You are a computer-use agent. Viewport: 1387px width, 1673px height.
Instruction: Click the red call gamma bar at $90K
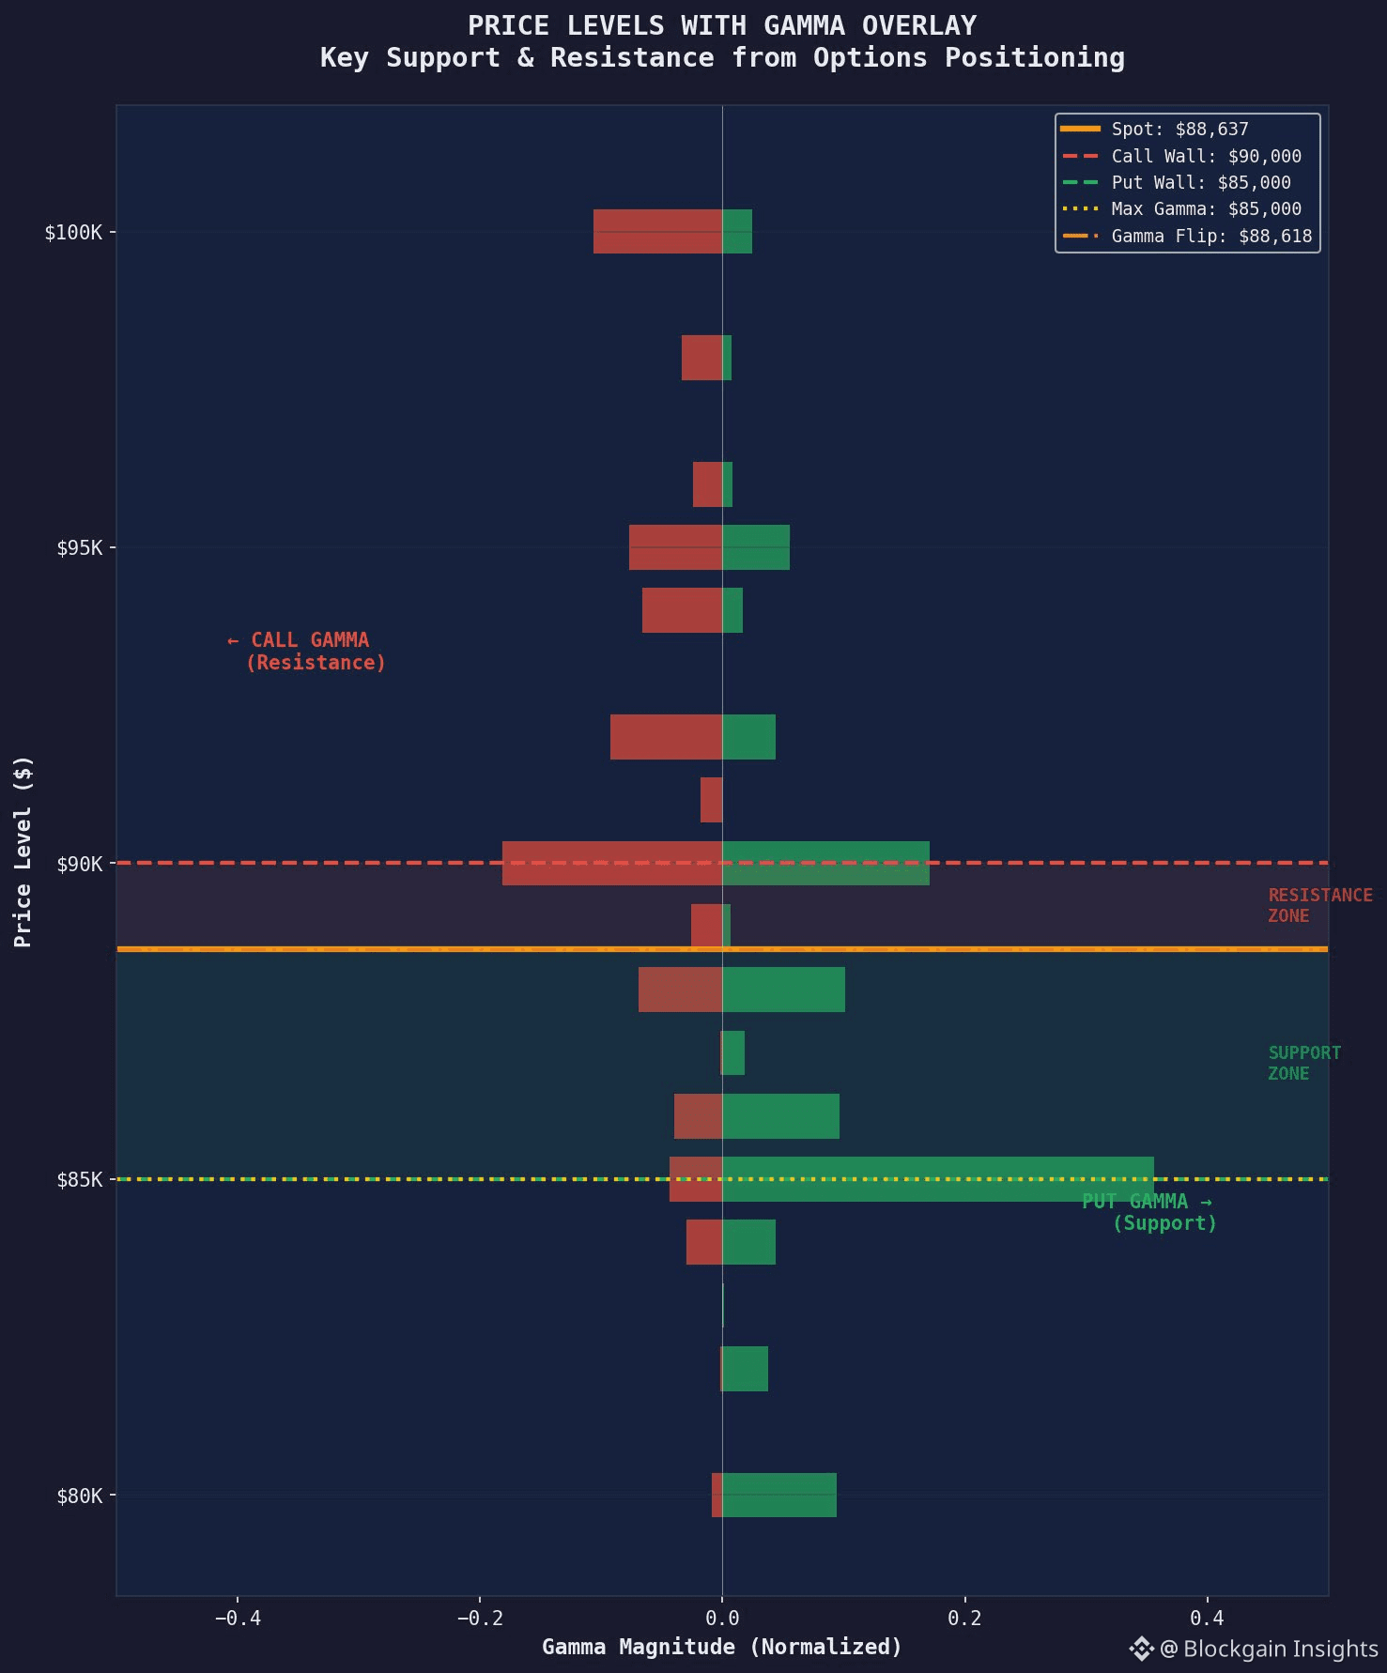click(611, 863)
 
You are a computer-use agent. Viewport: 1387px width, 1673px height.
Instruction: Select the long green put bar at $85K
click(937, 1179)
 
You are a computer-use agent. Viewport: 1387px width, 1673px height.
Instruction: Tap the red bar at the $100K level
click(657, 231)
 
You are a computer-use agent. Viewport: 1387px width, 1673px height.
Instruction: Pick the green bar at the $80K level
click(779, 1495)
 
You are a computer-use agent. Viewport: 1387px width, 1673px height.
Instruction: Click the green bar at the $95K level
click(756, 547)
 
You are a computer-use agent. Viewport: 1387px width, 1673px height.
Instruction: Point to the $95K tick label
click(79, 547)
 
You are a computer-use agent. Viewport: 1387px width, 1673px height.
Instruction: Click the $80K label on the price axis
click(79, 1496)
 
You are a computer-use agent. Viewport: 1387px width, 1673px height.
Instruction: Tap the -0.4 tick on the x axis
click(237, 1618)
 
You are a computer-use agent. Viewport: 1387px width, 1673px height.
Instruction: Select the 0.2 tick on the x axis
click(964, 1618)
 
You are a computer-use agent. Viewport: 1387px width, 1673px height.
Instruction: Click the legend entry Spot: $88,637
click(1179, 130)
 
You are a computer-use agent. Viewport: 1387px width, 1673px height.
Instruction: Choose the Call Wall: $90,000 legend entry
click(1206, 156)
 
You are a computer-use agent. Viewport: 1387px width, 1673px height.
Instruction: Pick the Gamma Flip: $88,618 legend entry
click(1211, 236)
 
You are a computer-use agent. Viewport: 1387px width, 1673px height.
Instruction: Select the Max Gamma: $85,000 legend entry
click(1206, 208)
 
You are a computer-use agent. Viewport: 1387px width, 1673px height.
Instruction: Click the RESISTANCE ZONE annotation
click(1319, 905)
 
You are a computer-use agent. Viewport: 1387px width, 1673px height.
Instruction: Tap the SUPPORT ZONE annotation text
click(1303, 1063)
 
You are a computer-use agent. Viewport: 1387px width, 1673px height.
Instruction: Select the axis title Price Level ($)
click(23, 851)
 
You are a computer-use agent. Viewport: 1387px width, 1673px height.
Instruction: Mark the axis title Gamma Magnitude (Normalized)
click(721, 1647)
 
